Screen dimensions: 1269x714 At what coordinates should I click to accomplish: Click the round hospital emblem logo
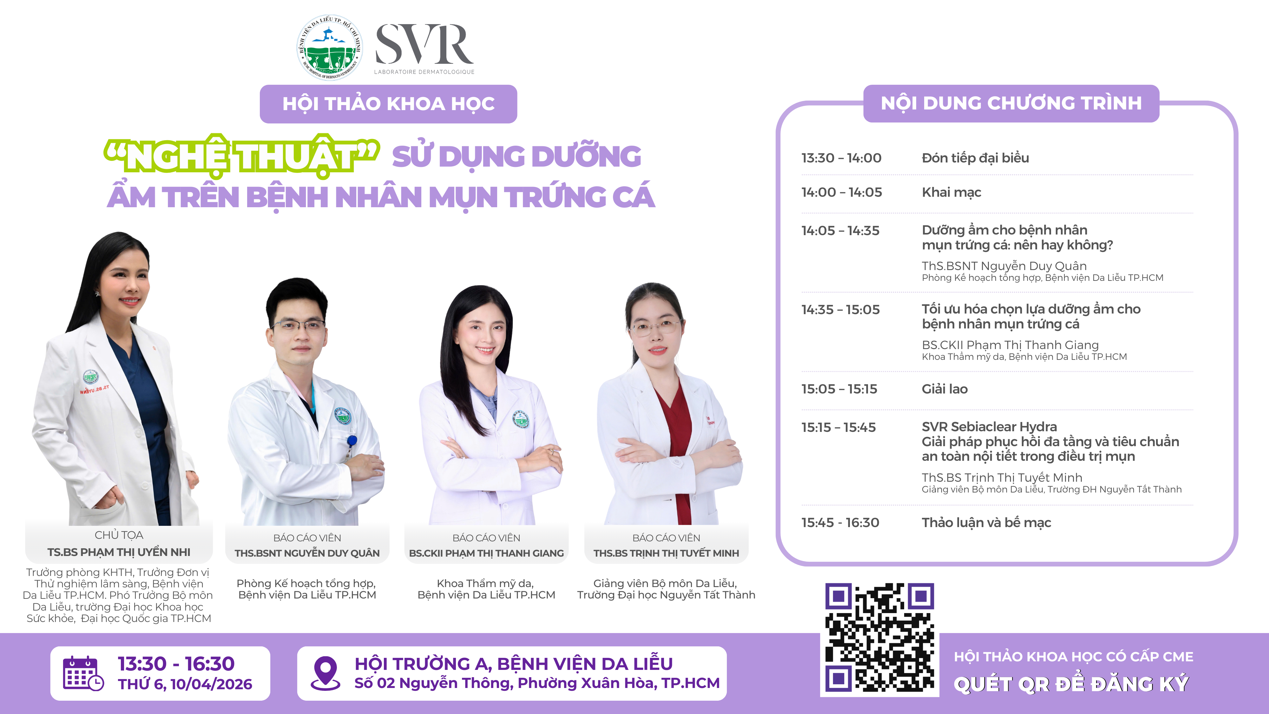coord(330,47)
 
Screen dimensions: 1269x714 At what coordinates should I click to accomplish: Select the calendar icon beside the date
coord(83,673)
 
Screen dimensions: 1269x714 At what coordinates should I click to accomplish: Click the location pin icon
coord(325,673)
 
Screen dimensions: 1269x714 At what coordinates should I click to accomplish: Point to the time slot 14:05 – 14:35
coord(840,231)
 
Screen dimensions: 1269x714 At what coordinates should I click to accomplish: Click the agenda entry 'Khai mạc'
coord(951,192)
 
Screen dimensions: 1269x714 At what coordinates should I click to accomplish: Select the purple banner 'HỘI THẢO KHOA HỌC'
coord(388,104)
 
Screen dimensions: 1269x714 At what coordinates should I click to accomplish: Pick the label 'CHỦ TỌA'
coord(119,535)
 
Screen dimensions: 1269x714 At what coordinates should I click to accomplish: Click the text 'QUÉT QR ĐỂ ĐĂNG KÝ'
coord(1071,684)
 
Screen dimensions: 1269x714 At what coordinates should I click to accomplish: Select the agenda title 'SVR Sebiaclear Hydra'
coord(989,427)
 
